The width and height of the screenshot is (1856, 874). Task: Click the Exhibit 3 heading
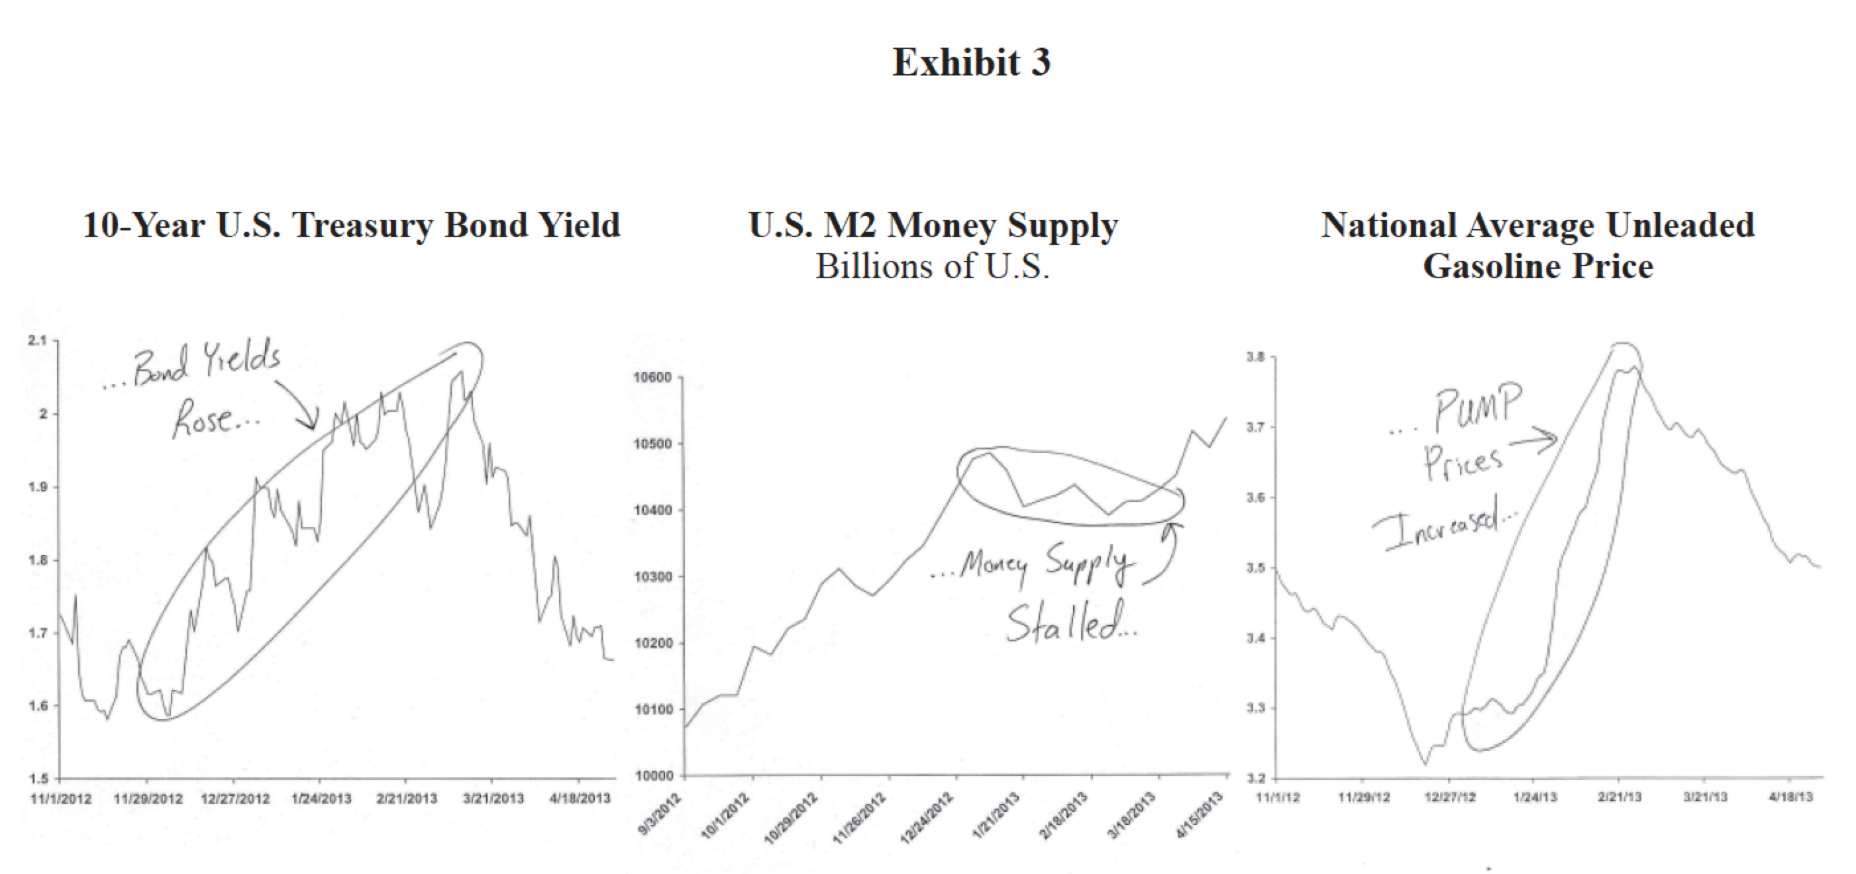tap(970, 63)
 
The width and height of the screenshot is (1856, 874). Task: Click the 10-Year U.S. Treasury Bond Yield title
tap(351, 225)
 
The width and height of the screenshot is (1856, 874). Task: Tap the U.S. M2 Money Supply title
tap(933, 225)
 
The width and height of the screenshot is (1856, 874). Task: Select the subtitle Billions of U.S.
tap(933, 266)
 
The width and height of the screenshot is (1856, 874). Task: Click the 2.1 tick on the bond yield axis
tap(36, 340)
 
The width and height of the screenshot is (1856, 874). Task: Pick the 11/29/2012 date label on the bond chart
tap(148, 799)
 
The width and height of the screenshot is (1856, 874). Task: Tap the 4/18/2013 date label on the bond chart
tap(580, 799)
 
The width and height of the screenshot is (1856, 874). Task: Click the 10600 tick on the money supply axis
tap(652, 377)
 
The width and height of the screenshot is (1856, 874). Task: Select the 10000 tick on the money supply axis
tap(652, 775)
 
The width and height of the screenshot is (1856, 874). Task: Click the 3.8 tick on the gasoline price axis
tap(1256, 356)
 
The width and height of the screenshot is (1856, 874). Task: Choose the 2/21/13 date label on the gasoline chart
tap(1620, 797)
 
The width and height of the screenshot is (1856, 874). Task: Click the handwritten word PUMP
tap(1477, 407)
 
